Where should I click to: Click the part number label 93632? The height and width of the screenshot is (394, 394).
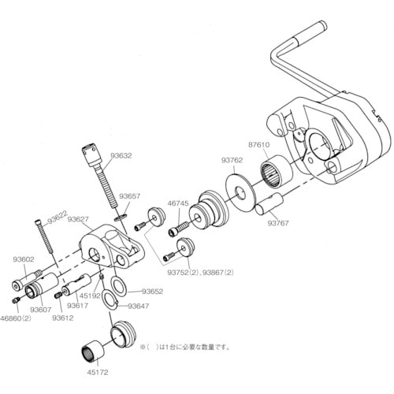click(121, 156)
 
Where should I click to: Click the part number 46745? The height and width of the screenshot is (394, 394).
click(178, 203)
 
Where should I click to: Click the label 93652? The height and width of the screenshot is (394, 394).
click(152, 291)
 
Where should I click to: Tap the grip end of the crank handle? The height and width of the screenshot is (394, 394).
click(313, 32)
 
